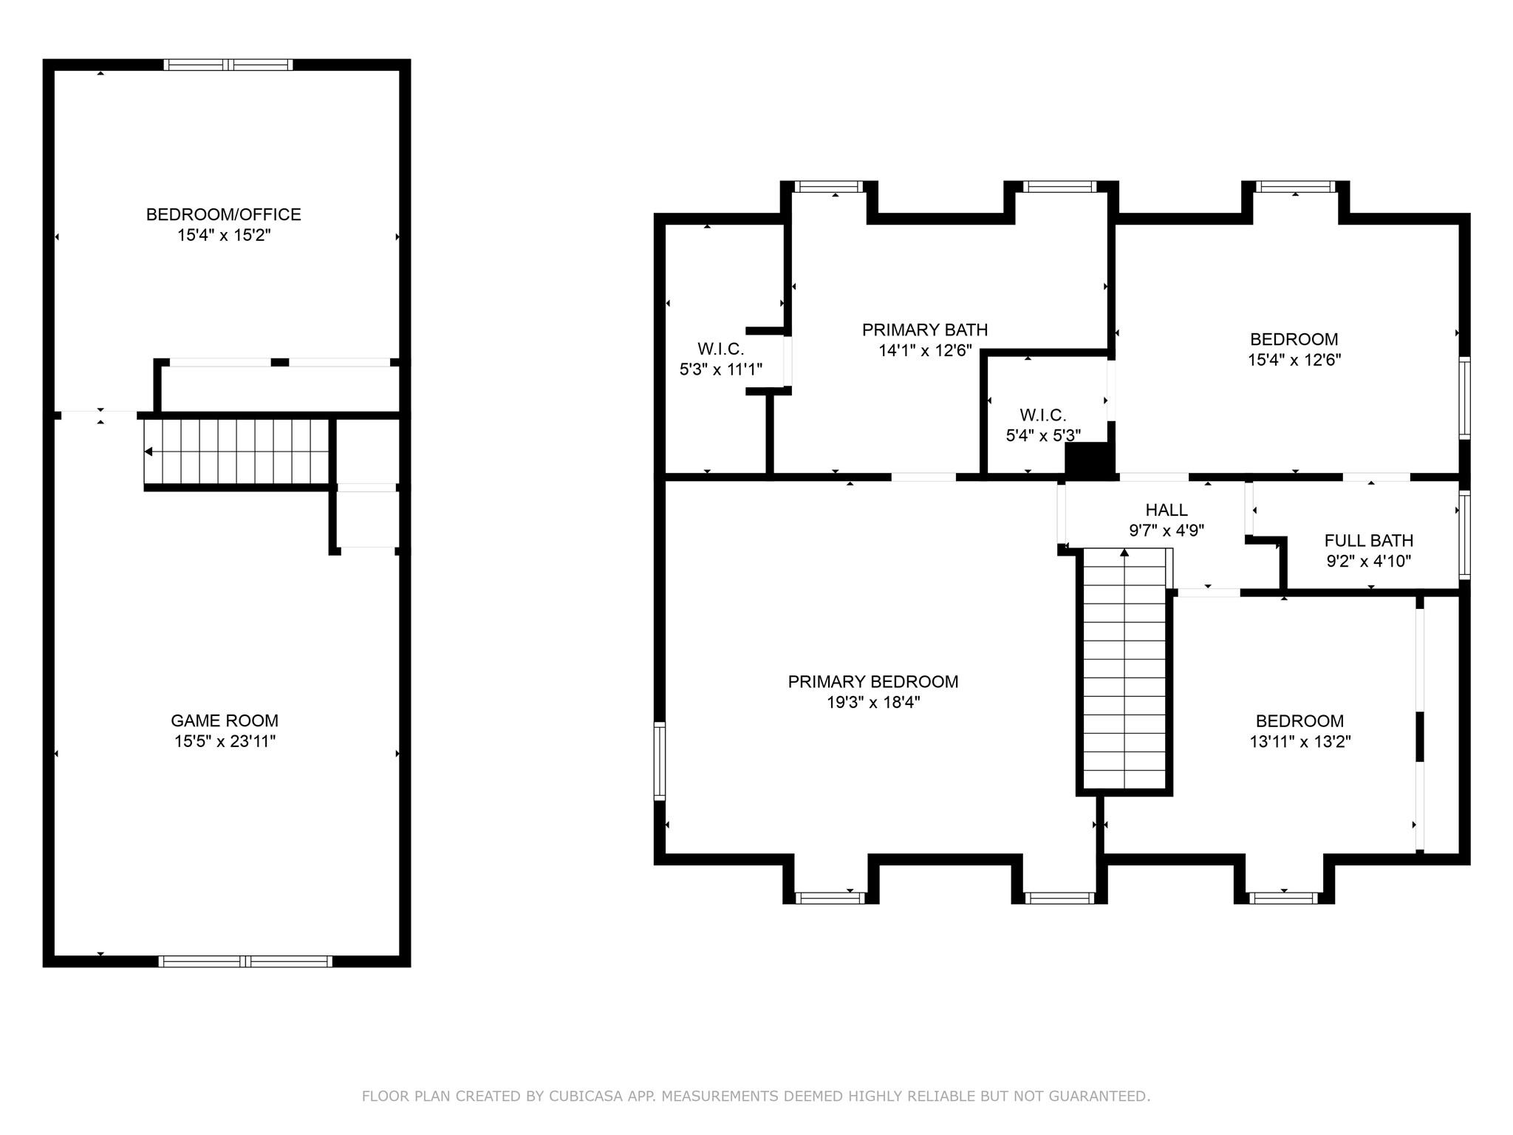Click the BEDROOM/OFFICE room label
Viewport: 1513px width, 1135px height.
(223, 214)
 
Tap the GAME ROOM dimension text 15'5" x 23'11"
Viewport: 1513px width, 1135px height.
(225, 741)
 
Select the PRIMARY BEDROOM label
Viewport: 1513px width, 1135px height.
(872, 681)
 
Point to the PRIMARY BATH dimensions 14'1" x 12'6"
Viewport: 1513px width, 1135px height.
(924, 350)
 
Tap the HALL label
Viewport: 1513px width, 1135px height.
(1166, 510)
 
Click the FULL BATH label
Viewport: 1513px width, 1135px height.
(1368, 540)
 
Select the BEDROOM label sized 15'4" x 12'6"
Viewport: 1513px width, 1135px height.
(1294, 339)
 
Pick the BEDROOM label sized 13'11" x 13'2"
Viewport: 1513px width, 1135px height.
(1299, 720)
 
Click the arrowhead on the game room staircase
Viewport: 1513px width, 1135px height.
(148, 451)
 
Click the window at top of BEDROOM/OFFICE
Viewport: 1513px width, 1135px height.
(228, 65)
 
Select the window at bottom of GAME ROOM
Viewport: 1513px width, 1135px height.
(245, 961)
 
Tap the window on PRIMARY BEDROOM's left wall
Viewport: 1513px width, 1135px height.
(660, 761)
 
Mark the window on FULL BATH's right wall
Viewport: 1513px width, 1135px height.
(1464, 535)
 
